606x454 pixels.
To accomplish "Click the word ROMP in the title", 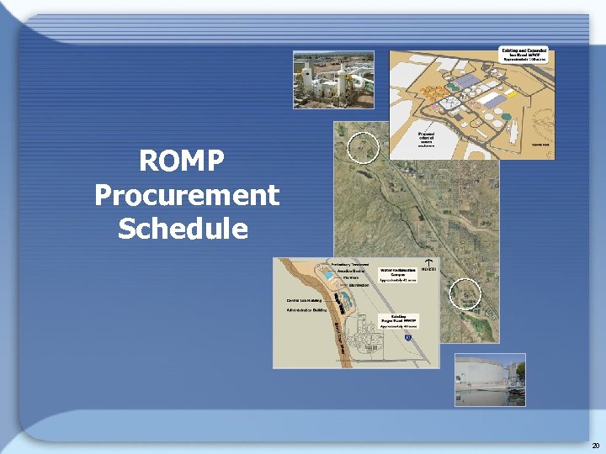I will tap(186, 161).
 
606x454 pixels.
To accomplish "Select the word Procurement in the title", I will tap(186, 195).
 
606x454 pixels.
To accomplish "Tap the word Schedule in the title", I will tap(183, 229).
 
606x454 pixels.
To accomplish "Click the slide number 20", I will tap(595, 445).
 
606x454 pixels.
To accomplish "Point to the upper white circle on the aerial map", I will tap(364, 147).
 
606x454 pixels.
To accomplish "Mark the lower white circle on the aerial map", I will tap(465, 293).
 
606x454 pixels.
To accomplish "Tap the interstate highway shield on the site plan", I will tap(407, 337).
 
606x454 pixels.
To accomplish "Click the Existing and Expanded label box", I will tap(524, 55).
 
